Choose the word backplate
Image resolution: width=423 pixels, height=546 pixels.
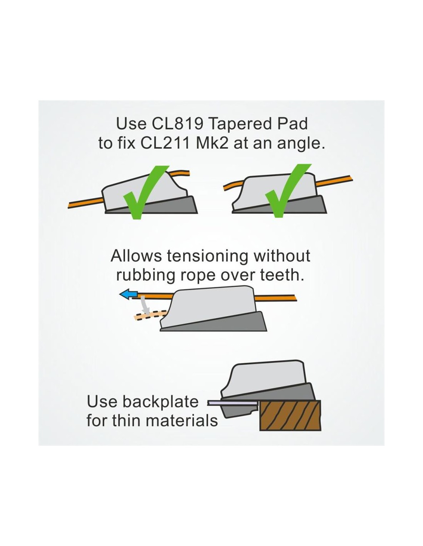click(161, 402)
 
